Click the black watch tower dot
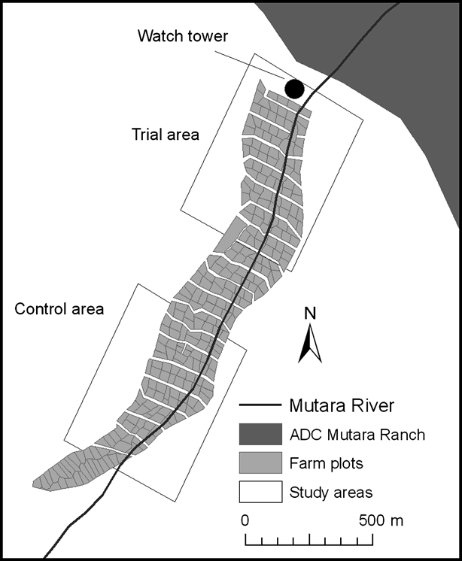(x=294, y=89)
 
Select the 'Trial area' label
(x=165, y=135)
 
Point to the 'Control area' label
(x=59, y=308)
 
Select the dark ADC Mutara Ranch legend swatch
(x=260, y=435)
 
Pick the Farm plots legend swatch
(x=260, y=464)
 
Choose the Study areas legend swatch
(x=260, y=493)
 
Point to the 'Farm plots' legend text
(x=321, y=464)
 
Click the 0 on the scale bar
(x=245, y=520)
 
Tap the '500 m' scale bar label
(x=381, y=520)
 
